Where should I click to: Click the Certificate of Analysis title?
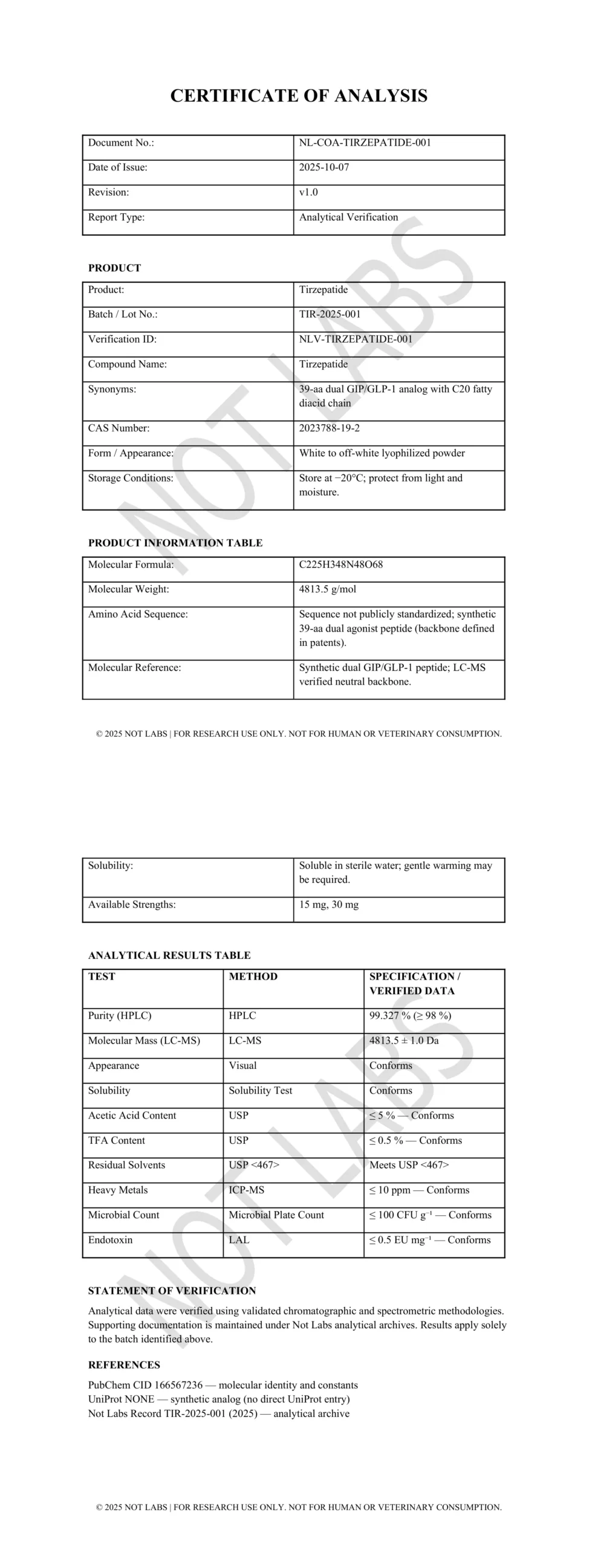click(299, 95)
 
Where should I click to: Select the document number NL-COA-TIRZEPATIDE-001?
click(365, 143)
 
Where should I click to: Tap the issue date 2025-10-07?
click(324, 167)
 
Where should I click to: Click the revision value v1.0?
click(308, 192)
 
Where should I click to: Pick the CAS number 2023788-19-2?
click(329, 428)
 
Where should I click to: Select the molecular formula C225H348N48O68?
click(341, 564)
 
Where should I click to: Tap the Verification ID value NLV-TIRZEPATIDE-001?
click(356, 339)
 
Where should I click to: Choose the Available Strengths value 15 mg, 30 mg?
click(328, 905)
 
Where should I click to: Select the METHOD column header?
click(253, 977)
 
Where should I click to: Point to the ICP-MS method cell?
click(246, 1190)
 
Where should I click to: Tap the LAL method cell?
click(239, 1240)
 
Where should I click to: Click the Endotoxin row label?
click(110, 1240)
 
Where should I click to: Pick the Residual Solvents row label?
click(126, 1165)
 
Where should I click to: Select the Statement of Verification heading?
click(172, 1291)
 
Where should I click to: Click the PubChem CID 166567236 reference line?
click(223, 1385)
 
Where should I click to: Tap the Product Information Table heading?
click(175, 543)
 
